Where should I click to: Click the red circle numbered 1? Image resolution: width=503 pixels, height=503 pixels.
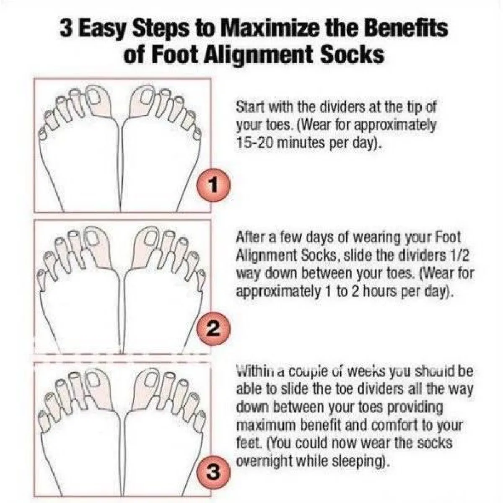pyautogui.click(x=214, y=185)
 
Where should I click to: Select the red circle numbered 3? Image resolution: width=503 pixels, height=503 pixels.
pyautogui.click(x=214, y=472)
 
